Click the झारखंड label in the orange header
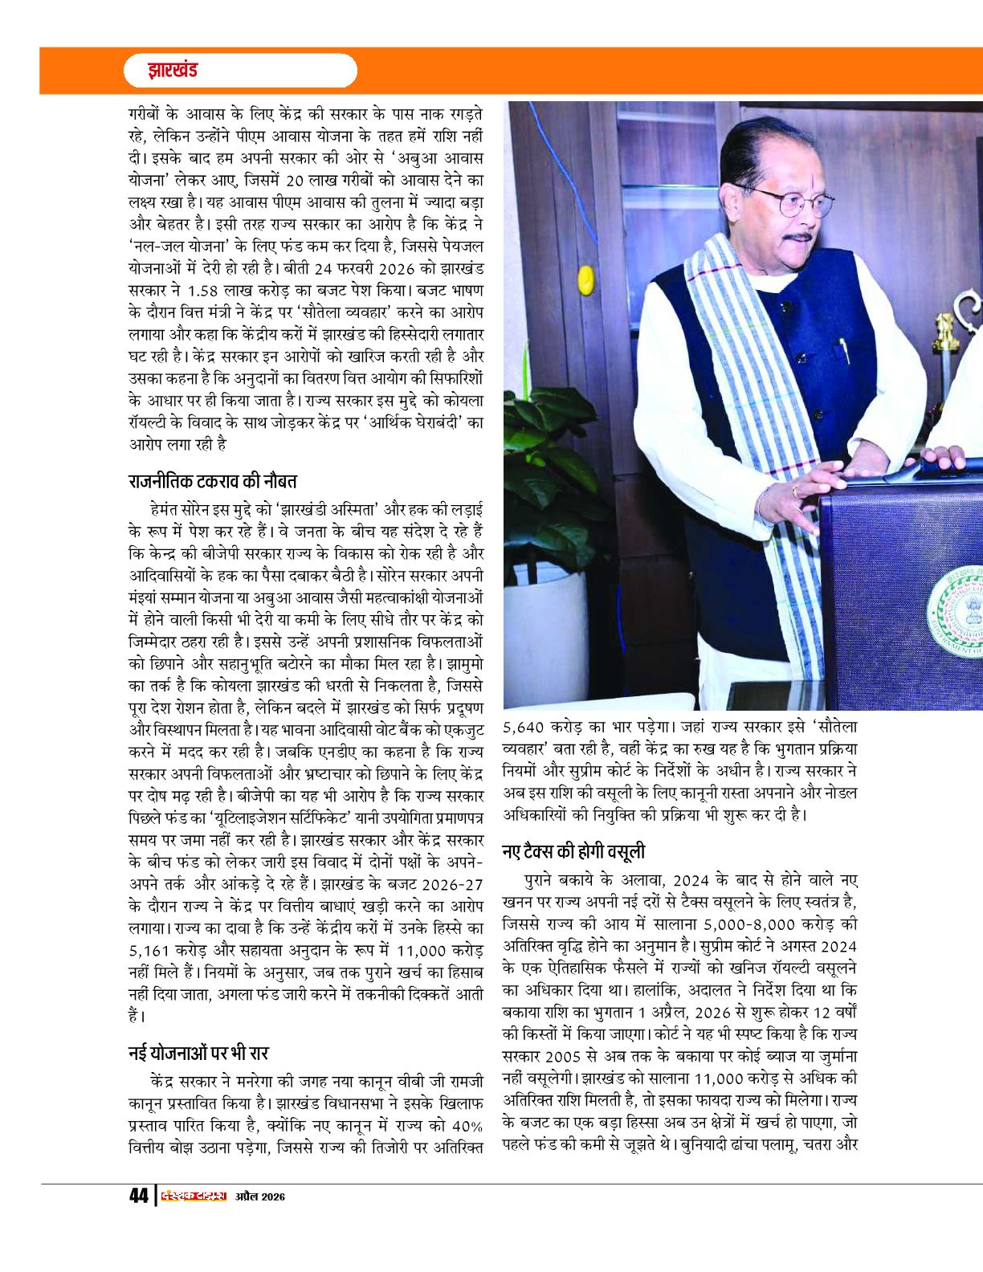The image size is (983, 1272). click(172, 70)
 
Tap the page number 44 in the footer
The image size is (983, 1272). click(138, 1196)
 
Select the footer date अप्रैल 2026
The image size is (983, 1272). click(260, 1197)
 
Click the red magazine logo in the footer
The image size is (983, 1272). click(194, 1196)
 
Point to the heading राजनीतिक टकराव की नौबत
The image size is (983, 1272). click(213, 482)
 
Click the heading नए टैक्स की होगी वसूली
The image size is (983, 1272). click(573, 851)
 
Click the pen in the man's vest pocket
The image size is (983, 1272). click(844, 350)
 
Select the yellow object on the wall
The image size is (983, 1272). click(585, 279)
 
